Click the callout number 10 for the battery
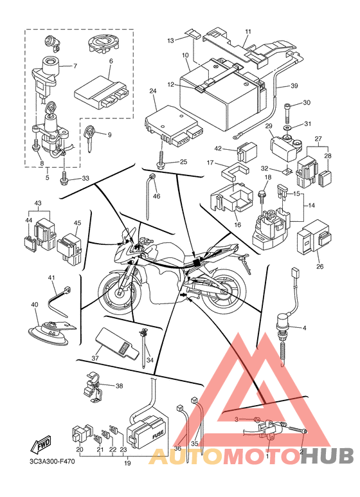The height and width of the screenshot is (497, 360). point(185,55)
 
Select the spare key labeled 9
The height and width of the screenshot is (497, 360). point(90,138)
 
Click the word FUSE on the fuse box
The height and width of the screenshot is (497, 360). point(158,435)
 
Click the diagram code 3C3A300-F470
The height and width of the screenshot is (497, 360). point(50,461)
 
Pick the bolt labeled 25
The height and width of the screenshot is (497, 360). point(161,159)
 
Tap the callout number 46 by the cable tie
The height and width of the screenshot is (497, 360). point(157,196)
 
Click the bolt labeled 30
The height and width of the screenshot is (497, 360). point(287,113)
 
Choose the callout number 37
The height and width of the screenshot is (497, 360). point(95,359)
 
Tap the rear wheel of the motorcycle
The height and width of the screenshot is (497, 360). point(224,291)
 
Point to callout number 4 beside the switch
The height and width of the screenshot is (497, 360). point(305,328)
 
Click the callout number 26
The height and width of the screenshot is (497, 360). point(319,267)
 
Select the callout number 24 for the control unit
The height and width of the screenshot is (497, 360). point(153,91)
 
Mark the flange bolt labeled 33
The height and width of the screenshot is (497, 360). point(64,179)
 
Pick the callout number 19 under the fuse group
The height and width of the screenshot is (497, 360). point(127,463)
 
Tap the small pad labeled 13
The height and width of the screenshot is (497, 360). point(192,33)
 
